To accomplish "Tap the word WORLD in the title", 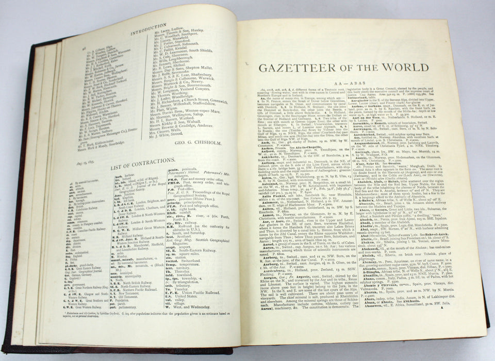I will pyautogui.click(x=403, y=67).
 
